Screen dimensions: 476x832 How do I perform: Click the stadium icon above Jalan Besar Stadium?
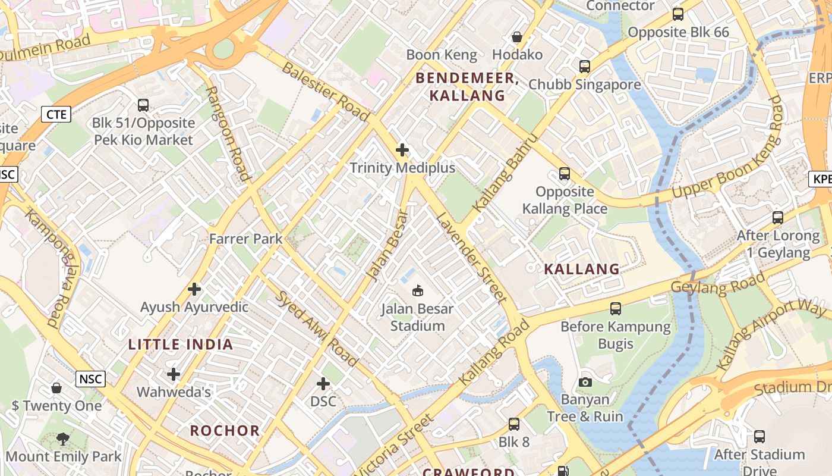[418, 291]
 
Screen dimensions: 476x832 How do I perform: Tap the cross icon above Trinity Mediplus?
[402, 150]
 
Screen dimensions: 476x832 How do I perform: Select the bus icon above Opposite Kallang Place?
[564, 174]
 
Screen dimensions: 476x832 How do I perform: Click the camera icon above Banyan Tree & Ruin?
[585, 382]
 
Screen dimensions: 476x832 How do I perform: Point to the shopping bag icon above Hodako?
[517, 37]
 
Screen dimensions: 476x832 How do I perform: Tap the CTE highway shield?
[56, 114]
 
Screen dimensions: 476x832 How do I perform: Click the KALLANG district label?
[582, 269]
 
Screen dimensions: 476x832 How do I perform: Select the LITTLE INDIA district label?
[181, 345]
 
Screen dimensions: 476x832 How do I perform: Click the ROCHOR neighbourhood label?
[225, 431]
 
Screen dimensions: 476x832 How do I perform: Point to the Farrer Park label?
[245, 239]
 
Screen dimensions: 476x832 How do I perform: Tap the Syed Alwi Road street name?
[317, 329]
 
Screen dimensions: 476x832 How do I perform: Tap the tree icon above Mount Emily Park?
[63, 440]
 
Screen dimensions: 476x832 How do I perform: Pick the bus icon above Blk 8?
[513, 424]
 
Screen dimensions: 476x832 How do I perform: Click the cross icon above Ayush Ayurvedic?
[194, 290]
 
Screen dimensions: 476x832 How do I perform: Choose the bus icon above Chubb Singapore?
[585, 67]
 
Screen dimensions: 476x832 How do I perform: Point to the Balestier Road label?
[325, 91]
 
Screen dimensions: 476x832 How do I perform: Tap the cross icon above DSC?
[323, 384]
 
